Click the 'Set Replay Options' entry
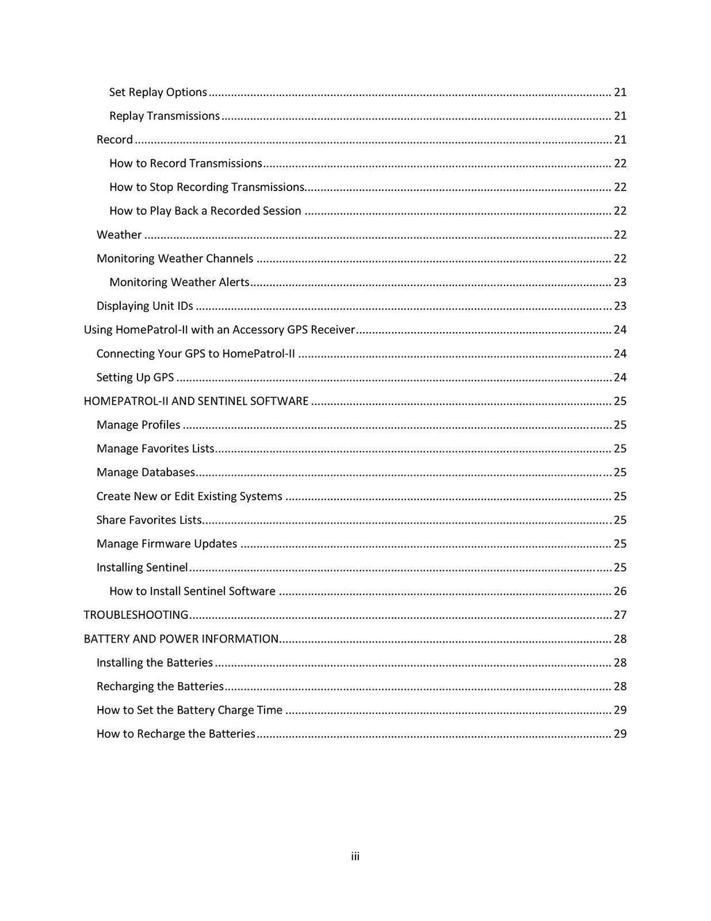point(158,92)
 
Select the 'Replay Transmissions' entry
point(165,116)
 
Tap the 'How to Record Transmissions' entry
point(185,163)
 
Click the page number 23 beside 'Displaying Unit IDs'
point(620,306)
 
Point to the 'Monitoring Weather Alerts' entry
point(179,282)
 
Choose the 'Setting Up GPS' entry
point(135,377)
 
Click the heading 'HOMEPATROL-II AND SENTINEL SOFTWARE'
point(196,401)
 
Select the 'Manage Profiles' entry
point(138,424)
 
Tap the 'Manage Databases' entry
point(146,472)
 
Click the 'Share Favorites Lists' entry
point(149,520)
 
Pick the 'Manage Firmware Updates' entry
point(167,543)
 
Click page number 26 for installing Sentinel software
point(620,591)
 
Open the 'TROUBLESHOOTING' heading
point(136,615)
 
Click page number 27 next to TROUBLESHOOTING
point(620,615)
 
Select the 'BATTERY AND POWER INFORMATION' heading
point(181,638)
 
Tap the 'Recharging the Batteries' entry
point(160,686)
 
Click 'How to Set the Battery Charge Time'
point(190,710)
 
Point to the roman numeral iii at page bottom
point(355,856)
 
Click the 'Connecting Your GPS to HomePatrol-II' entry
point(196,354)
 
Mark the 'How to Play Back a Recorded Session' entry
point(206,210)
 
